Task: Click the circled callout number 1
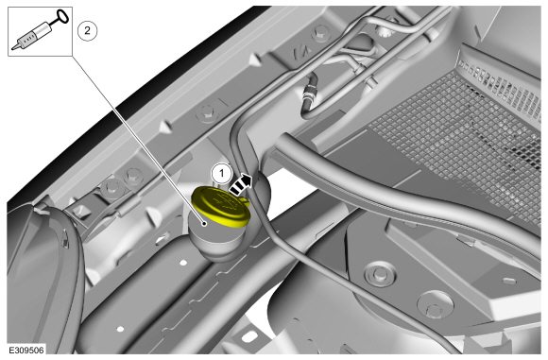point(221,173)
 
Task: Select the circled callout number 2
point(87,31)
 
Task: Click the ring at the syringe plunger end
point(62,16)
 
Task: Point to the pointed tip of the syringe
point(14,47)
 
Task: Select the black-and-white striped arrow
point(240,184)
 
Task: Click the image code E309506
point(26,351)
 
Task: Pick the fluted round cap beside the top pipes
point(386,31)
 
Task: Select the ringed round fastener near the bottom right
point(380,273)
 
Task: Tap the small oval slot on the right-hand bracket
point(509,281)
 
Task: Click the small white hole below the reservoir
point(182,262)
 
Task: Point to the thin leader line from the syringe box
point(138,140)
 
